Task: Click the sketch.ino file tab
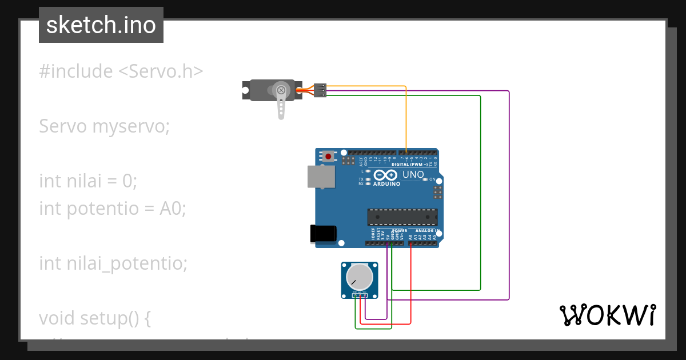coord(101,25)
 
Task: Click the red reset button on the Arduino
coord(328,156)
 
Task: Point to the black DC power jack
coord(323,234)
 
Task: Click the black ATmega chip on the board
coord(402,217)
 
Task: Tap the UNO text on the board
coord(413,175)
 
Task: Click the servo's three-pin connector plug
coord(321,90)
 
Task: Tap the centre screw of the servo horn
coord(280,90)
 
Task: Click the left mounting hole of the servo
coord(246,90)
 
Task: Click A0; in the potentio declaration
coord(173,209)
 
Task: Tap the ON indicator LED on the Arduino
coord(425,179)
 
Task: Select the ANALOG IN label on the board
coord(423,231)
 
